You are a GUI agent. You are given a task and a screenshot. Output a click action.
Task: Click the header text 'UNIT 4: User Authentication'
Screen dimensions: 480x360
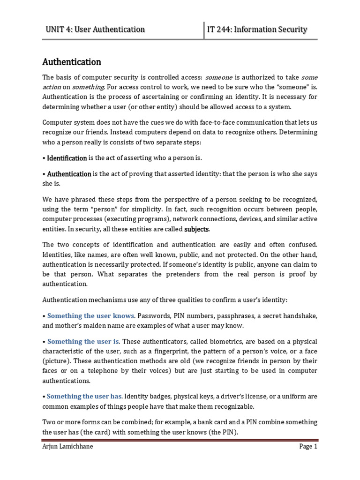(95, 30)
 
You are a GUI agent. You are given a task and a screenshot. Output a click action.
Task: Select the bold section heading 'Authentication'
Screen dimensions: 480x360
(72, 62)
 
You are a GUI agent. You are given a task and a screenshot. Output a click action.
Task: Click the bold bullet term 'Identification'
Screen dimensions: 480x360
(67, 158)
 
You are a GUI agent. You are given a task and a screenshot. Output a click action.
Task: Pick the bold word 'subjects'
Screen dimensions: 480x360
(197, 229)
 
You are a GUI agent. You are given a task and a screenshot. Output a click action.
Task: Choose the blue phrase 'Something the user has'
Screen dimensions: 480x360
(84, 397)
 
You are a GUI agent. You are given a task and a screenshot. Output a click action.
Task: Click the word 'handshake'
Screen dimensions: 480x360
(300, 316)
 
